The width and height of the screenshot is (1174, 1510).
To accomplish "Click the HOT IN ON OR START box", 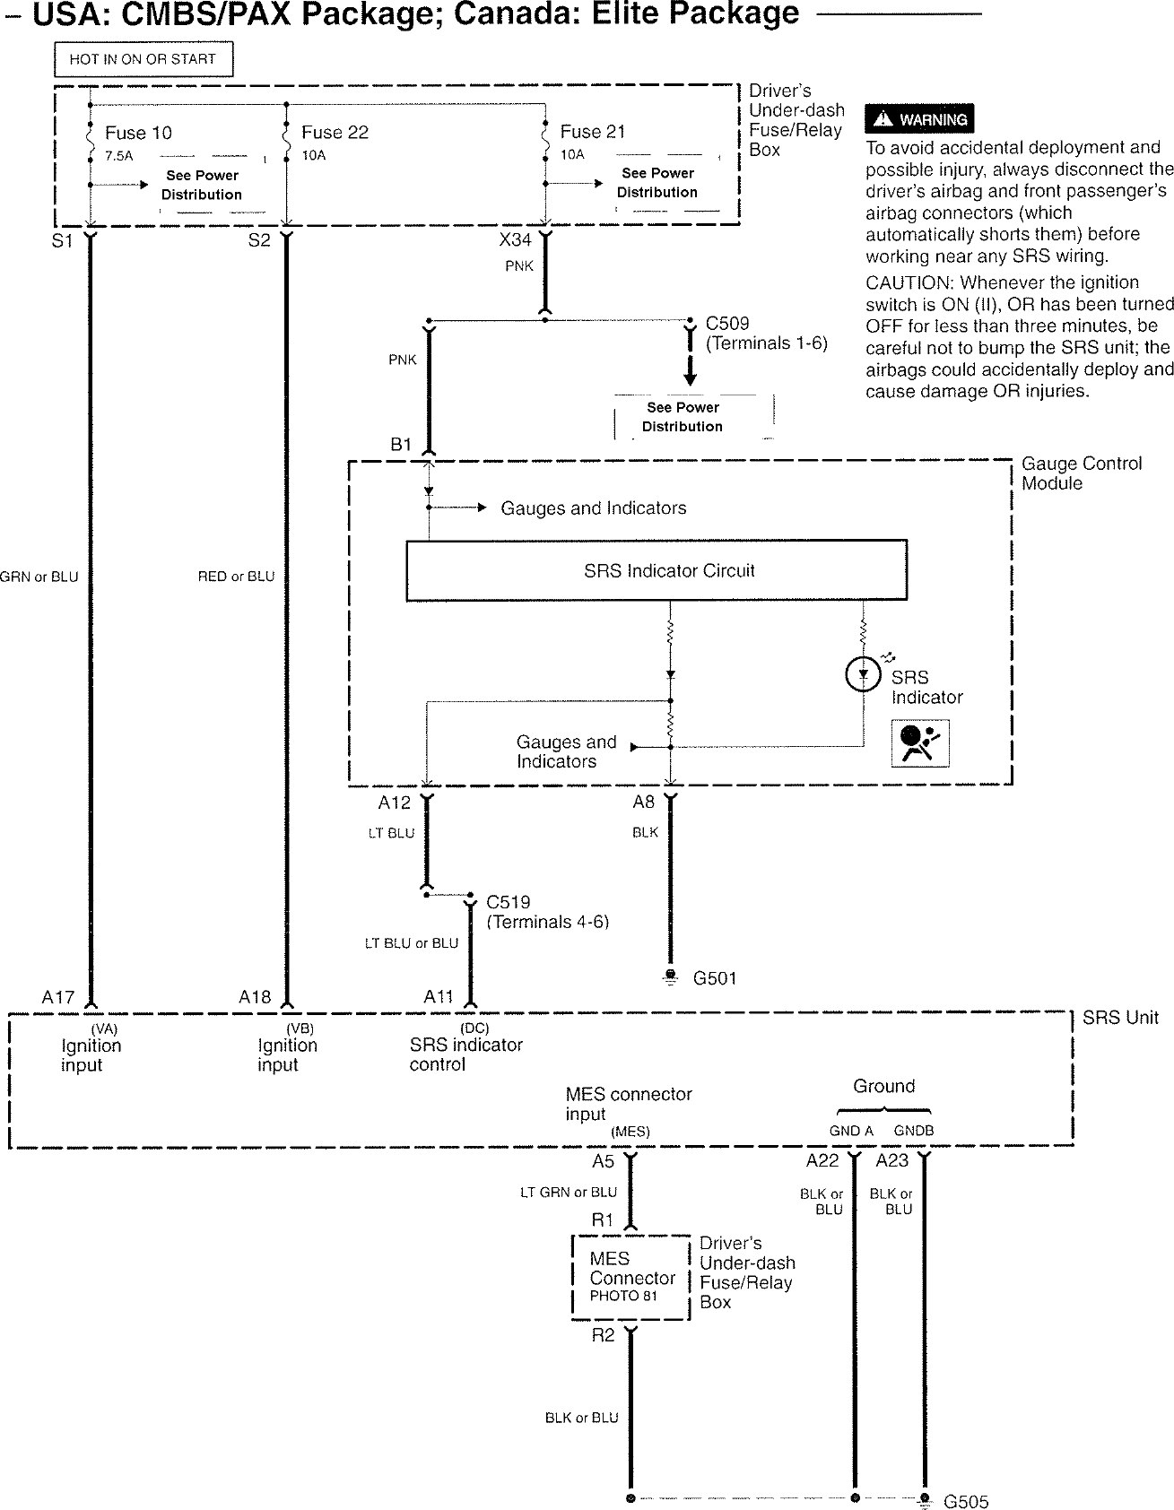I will (x=143, y=59).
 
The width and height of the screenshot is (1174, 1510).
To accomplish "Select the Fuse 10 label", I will (x=138, y=133).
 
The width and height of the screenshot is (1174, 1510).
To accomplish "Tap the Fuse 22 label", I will (x=335, y=132).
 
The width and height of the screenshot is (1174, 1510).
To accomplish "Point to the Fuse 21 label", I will (x=592, y=132).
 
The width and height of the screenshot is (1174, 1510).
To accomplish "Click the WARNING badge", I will (x=919, y=119).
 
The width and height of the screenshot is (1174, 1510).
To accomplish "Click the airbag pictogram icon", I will (x=920, y=742).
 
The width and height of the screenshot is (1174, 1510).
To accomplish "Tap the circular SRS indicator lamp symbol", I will (x=863, y=674).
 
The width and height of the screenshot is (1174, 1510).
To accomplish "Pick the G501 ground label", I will (x=714, y=978).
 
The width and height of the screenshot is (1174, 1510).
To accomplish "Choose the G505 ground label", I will (x=966, y=1501).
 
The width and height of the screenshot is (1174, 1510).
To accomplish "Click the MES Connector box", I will (x=631, y=1277).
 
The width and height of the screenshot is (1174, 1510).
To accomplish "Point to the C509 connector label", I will (x=727, y=323).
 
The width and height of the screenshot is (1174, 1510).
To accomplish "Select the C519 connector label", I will (x=508, y=902).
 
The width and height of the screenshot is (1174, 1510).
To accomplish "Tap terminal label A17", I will (x=58, y=996).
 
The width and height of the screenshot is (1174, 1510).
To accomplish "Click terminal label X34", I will (x=515, y=240).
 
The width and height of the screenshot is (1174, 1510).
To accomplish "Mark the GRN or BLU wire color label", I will (x=39, y=577).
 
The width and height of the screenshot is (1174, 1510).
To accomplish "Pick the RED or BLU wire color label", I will (x=236, y=577).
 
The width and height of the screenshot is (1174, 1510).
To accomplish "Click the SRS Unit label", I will (x=1120, y=1018).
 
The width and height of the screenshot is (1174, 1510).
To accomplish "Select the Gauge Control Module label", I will (x=1081, y=473).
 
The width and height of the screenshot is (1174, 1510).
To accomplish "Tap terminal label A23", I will (x=891, y=1160).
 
